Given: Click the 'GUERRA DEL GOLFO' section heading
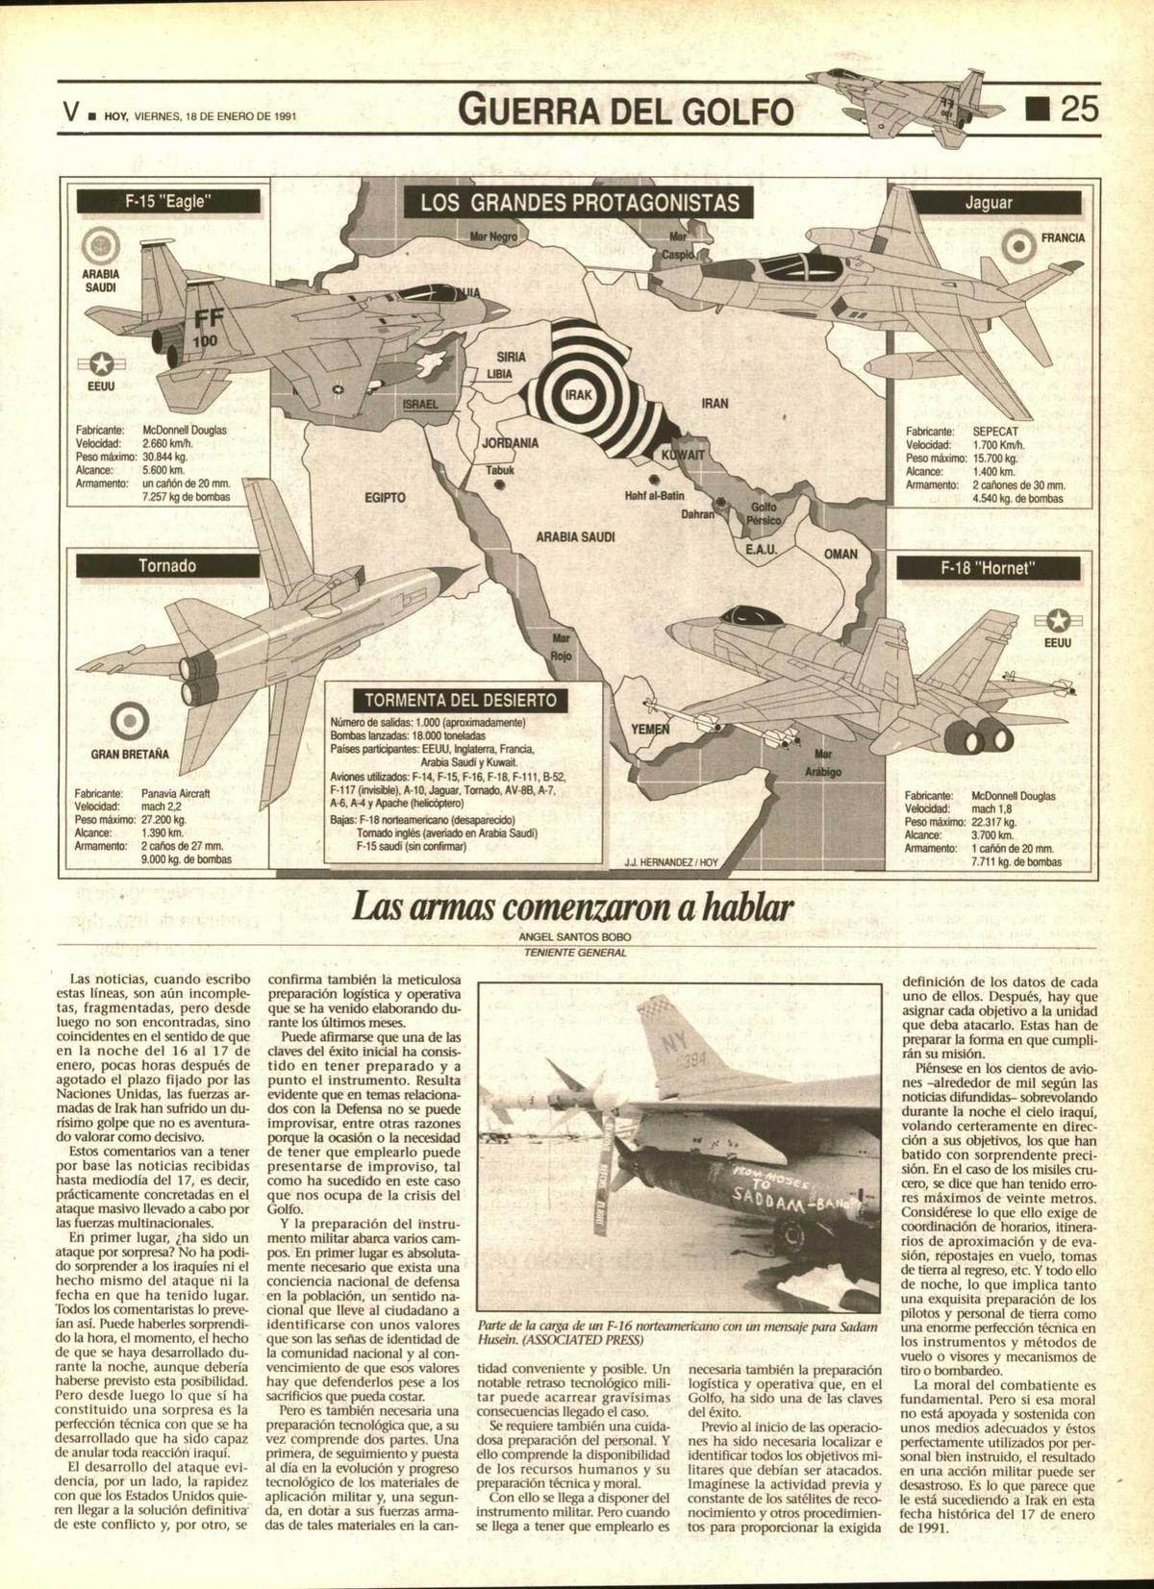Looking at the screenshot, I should coord(628,112).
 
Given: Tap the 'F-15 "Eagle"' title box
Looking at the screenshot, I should coord(168,202).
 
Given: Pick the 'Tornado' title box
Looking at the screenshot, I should coord(167,565).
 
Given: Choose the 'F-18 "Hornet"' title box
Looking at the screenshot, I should coord(989,567).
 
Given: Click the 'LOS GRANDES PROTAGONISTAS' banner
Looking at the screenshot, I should coord(580,203).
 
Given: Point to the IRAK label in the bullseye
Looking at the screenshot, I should coord(578,395).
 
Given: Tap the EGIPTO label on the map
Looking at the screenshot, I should coord(385,497).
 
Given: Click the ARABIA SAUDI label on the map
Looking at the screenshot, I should coord(575,537).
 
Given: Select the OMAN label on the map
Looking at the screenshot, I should coord(840,554).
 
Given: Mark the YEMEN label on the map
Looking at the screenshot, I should coord(649,730).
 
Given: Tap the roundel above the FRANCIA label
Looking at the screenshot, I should coord(1016,248).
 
